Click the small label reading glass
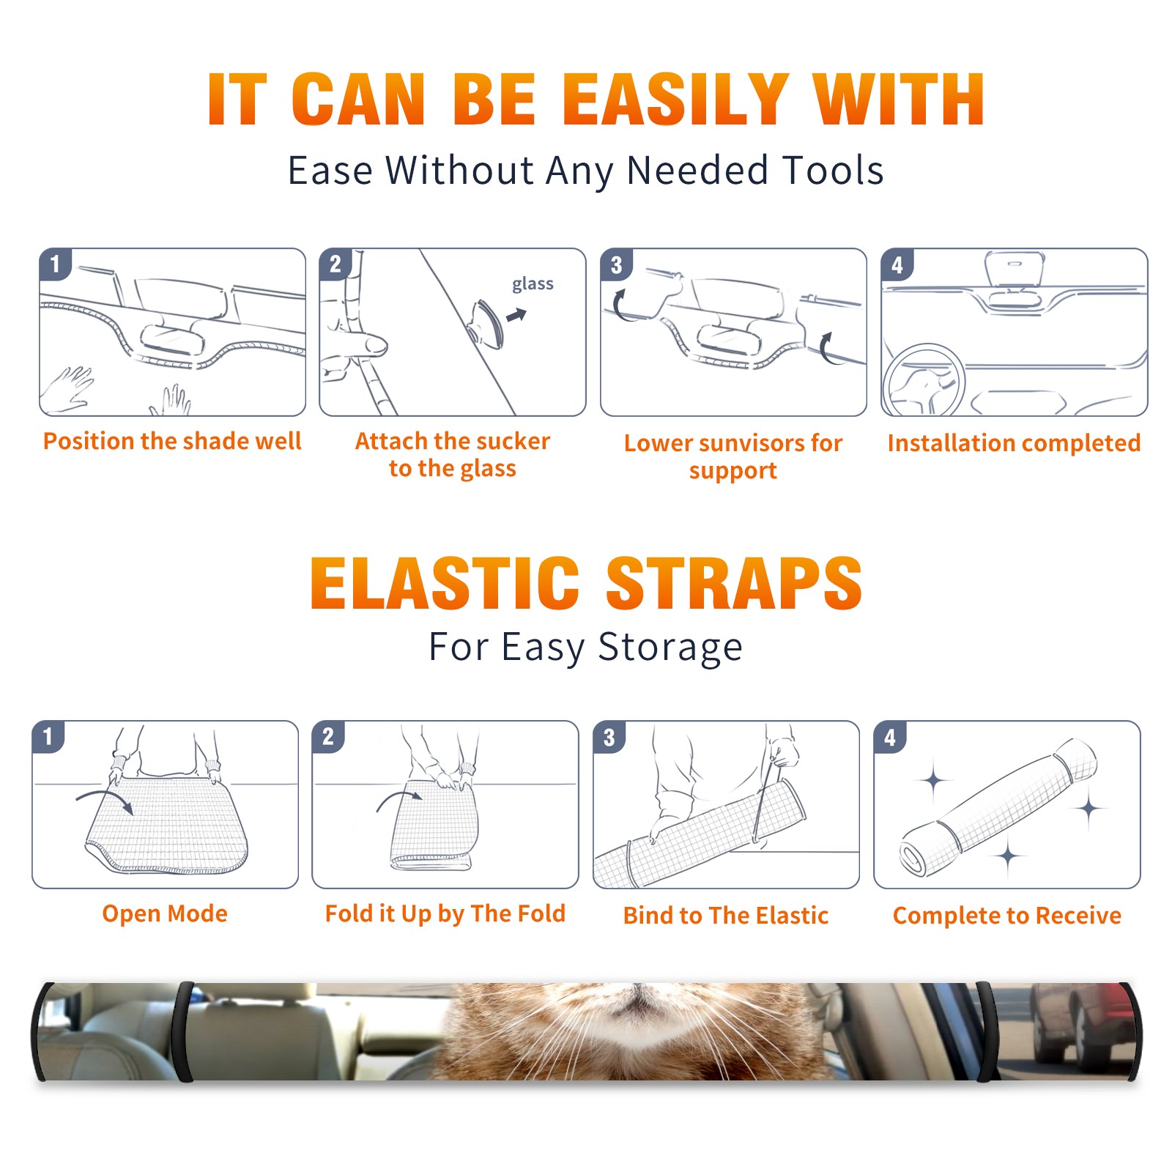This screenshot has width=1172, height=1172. click(533, 284)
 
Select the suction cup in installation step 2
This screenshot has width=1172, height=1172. click(487, 323)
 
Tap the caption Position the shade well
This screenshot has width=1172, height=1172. click(172, 441)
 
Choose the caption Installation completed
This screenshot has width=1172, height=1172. click(1014, 442)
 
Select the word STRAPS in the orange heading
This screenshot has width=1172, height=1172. click(735, 583)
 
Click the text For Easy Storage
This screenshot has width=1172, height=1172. click(586, 647)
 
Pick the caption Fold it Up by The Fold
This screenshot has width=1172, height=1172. click(445, 913)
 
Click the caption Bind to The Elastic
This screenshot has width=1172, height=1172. click(726, 916)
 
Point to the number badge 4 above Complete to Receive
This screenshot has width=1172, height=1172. click(890, 737)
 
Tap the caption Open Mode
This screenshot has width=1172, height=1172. click(165, 913)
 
